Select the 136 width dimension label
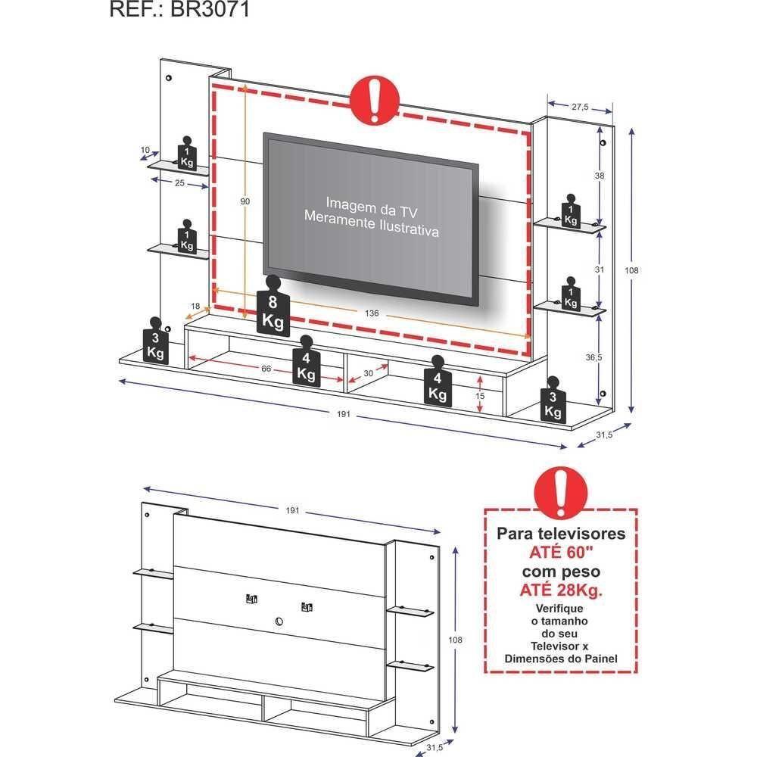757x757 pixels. (x=371, y=313)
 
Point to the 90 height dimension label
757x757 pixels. (x=245, y=201)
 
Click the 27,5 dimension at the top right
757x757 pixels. (x=580, y=107)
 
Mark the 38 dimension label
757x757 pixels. (x=599, y=176)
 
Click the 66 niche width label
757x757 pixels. (x=266, y=369)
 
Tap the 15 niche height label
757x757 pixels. (x=479, y=396)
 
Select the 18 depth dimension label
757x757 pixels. (x=195, y=307)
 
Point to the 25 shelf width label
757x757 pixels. (x=179, y=183)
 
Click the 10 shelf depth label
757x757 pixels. (x=145, y=150)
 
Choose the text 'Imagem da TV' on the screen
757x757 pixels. (x=372, y=203)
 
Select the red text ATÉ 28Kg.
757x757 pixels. (x=560, y=590)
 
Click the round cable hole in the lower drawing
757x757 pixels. (x=279, y=622)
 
